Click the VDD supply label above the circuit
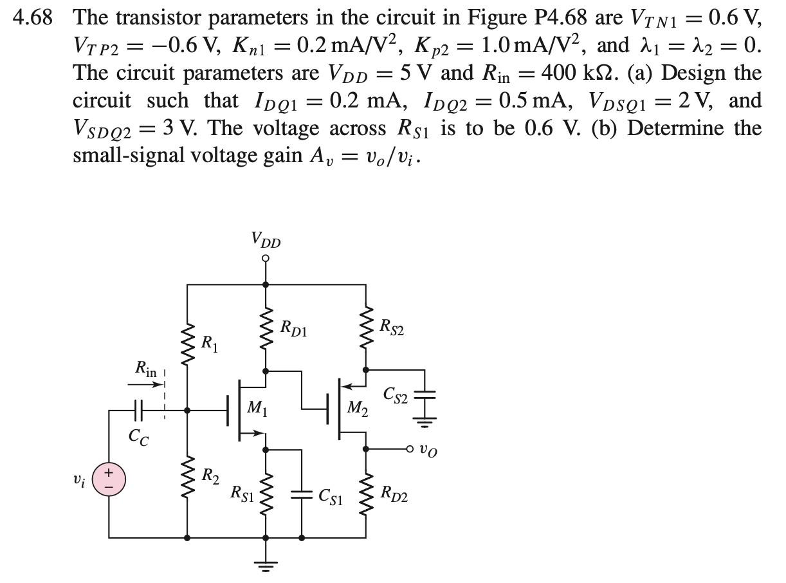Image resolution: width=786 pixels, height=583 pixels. [x=265, y=241]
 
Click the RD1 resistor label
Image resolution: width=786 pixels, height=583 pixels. [x=293, y=328]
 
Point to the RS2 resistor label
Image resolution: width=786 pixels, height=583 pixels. [x=392, y=328]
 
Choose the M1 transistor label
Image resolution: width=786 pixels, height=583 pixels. [x=255, y=407]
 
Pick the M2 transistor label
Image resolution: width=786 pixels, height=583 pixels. [x=357, y=409]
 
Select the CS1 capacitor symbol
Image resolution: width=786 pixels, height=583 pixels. [x=302, y=494]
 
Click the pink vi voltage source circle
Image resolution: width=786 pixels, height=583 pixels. [x=108, y=480]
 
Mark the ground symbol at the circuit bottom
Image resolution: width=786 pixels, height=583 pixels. [x=265, y=566]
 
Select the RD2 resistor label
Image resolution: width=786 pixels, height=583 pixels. [x=394, y=494]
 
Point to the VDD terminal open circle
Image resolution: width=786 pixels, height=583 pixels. [x=265, y=259]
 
